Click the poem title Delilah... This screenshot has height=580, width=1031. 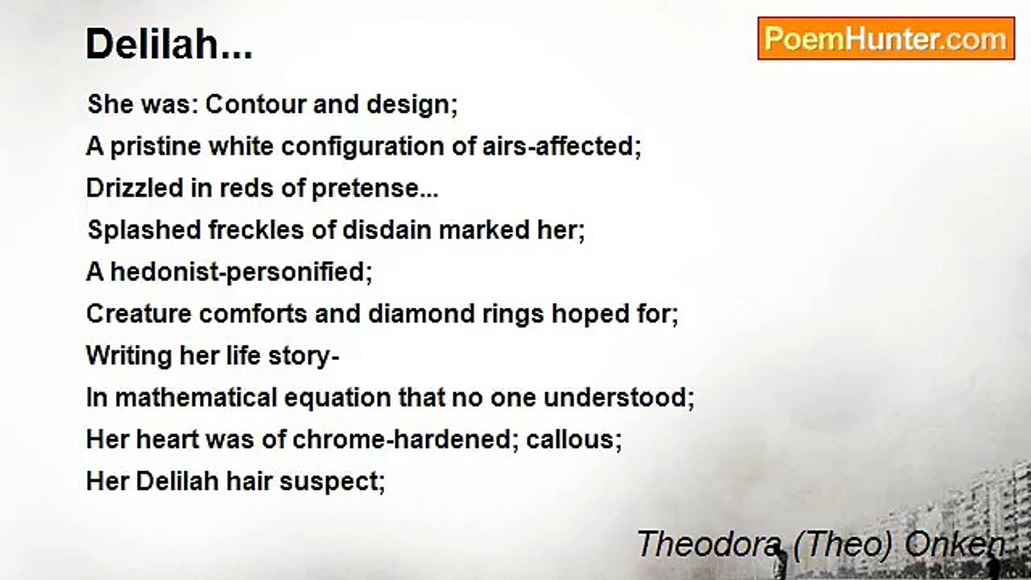(169, 45)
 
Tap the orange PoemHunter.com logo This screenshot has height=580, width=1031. (886, 39)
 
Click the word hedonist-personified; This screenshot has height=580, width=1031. (241, 272)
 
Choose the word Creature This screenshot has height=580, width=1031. (138, 314)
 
